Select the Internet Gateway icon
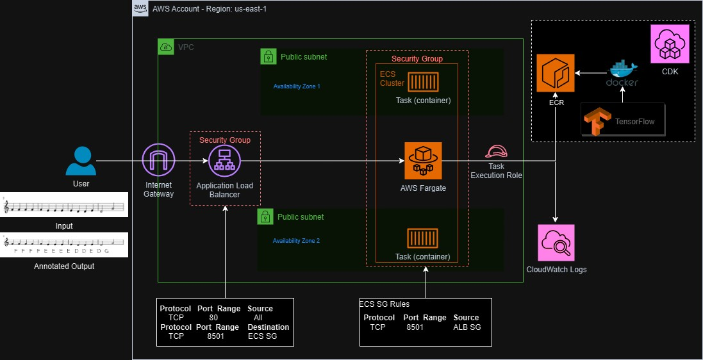pyautogui.click(x=158, y=160)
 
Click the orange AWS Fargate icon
pyautogui.click(x=423, y=161)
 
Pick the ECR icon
pyautogui.click(x=556, y=74)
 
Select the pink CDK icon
pyautogui.click(x=670, y=44)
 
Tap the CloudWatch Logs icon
pyautogui.click(x=556, y=243)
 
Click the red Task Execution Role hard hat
pyautogui.click(x=496, y=152)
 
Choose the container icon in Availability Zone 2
pyautogui.click(x=423, y=239)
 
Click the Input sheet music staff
pyautogui.click(x=64, y=206)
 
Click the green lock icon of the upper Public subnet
pyautogui.click(x=269, y=56)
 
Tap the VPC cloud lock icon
pyautogui.click(x=166, y=47)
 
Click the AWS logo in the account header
pyautogui.click(x=140, y=8)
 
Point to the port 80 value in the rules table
pyautogui.click(x=213, y=317)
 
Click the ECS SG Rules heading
pyautogui.click(x=385, y=304)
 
